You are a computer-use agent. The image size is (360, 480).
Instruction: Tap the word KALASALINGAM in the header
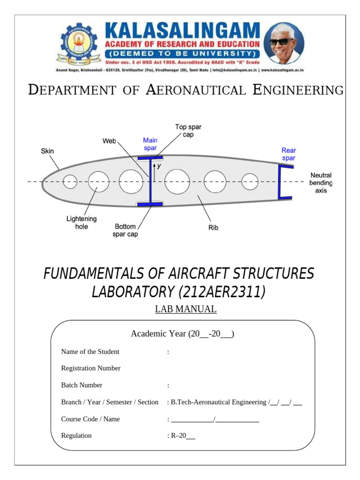point(182,31)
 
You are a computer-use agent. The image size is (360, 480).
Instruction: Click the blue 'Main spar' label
point(150,144)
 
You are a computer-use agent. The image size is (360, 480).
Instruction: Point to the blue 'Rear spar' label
point(288,154)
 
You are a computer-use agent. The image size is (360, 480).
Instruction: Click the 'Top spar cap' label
point(188,130)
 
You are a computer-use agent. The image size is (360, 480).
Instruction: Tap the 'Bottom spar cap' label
point(125,230)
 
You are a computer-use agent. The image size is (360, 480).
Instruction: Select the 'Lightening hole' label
point(82,223)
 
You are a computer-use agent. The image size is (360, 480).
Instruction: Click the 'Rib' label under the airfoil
point(213,228)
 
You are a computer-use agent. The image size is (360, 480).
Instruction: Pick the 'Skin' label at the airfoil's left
point(47,151)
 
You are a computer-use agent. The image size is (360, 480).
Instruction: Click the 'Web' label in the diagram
point(109,141)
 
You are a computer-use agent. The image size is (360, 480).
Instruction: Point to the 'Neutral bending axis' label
point(321,183)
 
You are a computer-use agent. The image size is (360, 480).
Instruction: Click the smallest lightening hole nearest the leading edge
point(70,181)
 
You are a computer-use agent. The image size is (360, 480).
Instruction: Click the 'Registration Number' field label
point(90,368)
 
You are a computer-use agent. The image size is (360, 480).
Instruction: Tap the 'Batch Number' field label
point(82,385)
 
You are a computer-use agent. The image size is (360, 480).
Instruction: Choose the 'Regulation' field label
point(76,435)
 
